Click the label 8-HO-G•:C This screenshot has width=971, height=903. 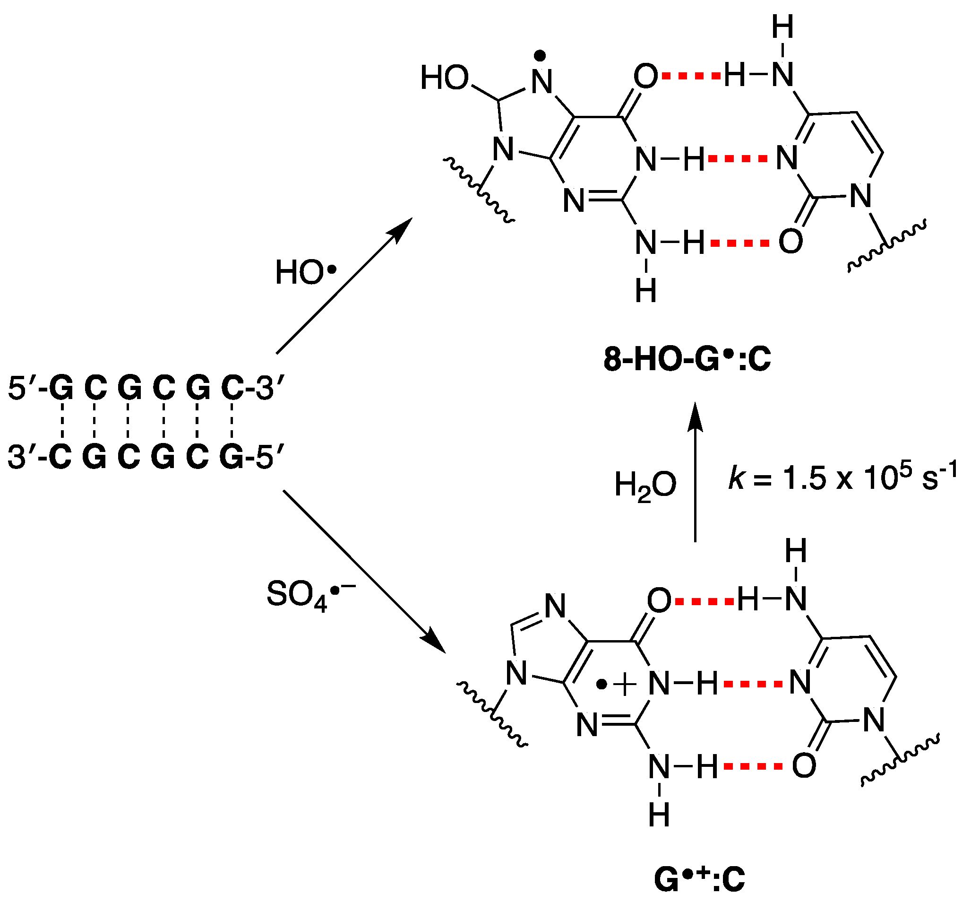(687, 360)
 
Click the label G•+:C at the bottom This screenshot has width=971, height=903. (699, 879)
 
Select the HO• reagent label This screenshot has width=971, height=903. (306, 273)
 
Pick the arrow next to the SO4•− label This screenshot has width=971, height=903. (364, 571)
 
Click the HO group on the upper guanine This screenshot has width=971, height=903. (445, 78)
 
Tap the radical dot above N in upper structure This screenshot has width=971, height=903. (540, 57)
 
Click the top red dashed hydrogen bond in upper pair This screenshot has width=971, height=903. (692, 76)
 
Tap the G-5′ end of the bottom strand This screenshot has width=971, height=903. (250, 458)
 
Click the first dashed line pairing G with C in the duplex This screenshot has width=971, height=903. (62, 420)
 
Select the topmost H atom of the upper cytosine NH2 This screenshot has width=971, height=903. (782, 27)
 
